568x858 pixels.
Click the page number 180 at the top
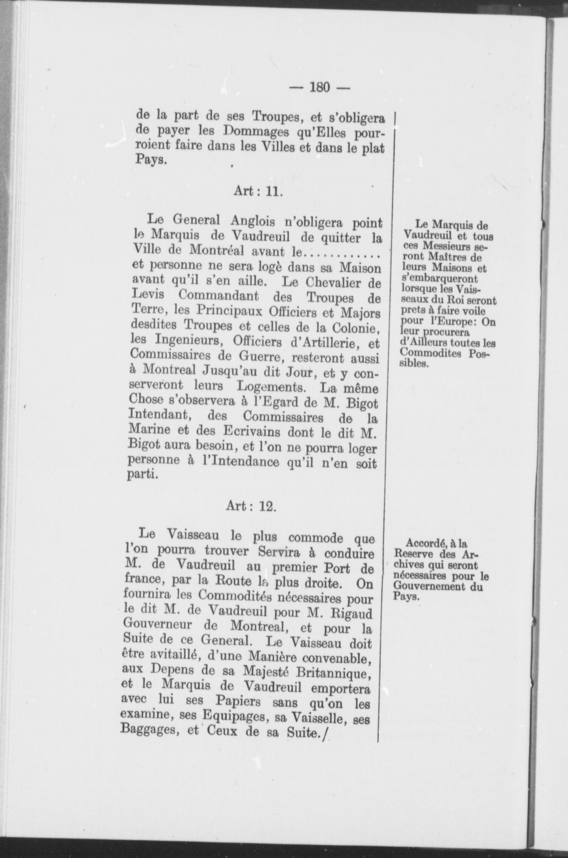[x=319, y=87]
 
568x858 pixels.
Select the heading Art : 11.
[x=257, y=191]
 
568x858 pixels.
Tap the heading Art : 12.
[x=251, y=505]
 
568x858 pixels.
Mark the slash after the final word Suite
[x=324, y=736]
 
